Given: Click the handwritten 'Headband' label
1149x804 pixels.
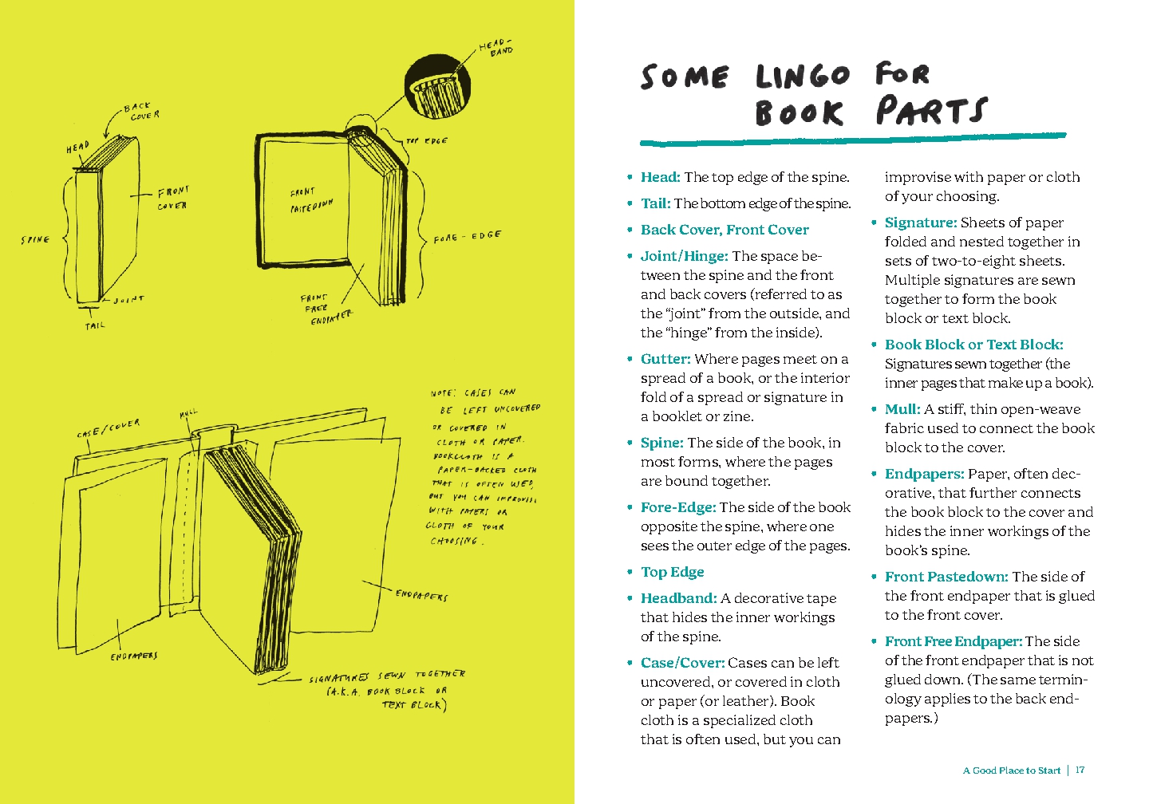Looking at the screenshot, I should pyautogui.click(x=496, y=48).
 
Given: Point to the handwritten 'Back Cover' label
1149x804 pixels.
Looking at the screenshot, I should pyautogui.click(x=141, y=111).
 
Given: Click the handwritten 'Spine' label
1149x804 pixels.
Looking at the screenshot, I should pyautogui.click(x=35, y=239).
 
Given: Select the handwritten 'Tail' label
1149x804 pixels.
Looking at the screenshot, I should pyautogui.click(x=95, y=325).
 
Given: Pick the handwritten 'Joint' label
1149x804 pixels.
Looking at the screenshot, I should pyautogui.click(x=128, y=299).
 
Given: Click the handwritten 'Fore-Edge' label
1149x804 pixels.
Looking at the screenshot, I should pyautogui.click(x=467, y=237).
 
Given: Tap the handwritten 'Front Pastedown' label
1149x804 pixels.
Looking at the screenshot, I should pyautogui.click(x=311, y=200).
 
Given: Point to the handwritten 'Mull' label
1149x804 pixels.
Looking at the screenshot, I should pyautogui.click(x=188, y=414).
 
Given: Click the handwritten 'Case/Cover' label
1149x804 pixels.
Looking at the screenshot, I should pyautogui.click(x=109, y=428).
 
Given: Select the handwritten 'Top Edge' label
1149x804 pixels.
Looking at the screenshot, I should pyautogui.click(x=427, y=141).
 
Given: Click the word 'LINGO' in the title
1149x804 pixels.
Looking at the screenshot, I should pyautogui.click(x=803, y=77).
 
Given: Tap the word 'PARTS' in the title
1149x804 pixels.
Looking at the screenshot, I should pyautogui.click(x=931, y=111).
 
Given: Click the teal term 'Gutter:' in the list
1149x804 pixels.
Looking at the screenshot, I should pyautogui.click(x=665, y=359).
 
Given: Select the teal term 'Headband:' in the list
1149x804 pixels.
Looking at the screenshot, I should pyautogui.click(x=678, y=598).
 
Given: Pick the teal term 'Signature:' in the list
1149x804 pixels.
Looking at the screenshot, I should pyautogui.click(x=920, y=223).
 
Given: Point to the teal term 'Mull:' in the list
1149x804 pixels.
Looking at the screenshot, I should pyautogui.click(x=902, y=409).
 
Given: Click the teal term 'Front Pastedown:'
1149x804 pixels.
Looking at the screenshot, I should pyautogui.click(x=946, y=577).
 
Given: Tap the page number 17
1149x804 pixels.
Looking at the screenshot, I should pyautogui.click(x=1080, y=770).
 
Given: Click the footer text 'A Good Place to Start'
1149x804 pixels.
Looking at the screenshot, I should pyautogui.click(x=1011, y=770).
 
